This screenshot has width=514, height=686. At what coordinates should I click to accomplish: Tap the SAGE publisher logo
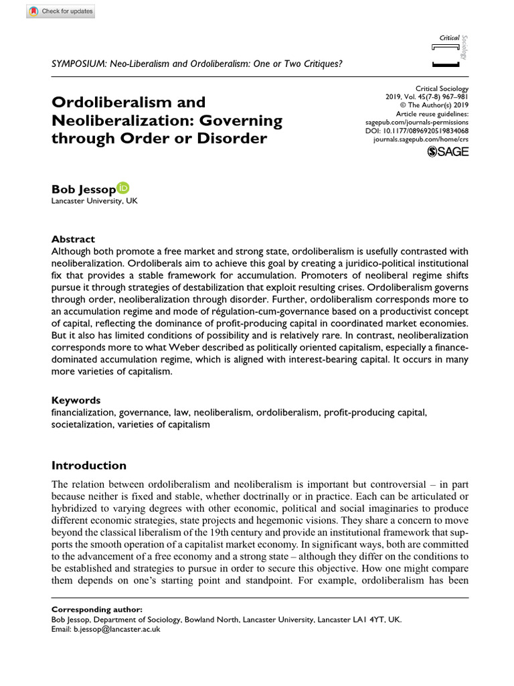[x=448, y=151]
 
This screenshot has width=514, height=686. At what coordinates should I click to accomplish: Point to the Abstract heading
[x=73, y=239]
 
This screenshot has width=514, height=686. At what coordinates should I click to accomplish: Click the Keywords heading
[x=76, y=400]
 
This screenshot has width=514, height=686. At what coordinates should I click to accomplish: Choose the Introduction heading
[x=88, y=466]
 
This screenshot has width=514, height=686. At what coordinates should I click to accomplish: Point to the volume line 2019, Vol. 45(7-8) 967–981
[x=427, y=97]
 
